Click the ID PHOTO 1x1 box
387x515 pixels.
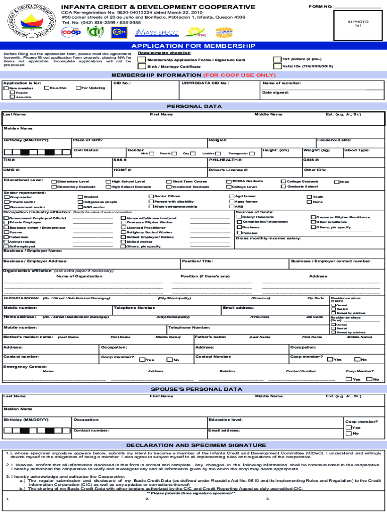pyautogui.click(x=358, y=24)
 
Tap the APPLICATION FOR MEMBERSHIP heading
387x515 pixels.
pyautogui.click(x=193, y=46)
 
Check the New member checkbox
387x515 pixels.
pyautogui.click(x=7, y=89)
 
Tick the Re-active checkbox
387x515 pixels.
pyautogui.click(x=46, y=88)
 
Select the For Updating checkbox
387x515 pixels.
pyautogui.click(x=77, y=88)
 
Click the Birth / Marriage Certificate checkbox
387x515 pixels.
pyautogui.click(x=142, y=66)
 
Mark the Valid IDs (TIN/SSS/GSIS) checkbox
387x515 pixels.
pyautogui.click(x=277, y=66)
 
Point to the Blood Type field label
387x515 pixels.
pyautogui.click(x=357, y=150)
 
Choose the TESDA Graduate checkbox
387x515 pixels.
pyautogui.click(x=229, y=181)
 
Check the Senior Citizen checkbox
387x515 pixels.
pyautogui.click(x=151, y=196)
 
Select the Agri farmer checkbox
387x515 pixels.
pyautogui.click(x=232, y=196)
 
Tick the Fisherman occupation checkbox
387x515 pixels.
pyautogui.click(x=6, y=237)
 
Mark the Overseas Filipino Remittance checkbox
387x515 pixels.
pyautogui.click(x=313, y=217)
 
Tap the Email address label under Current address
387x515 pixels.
pyautogui.click(x=239, y=307)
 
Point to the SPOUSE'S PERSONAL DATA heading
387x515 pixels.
pyautogui.click(x=193, y=389)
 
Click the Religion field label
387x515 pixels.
pyautogui.click(x=218, y=140)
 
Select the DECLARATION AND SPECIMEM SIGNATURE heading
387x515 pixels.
pyautogui.click(x=193, y=445)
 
